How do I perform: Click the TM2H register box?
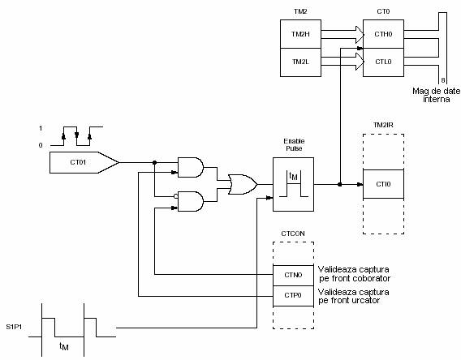coord(300,34)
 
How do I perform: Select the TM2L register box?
coord(300,62)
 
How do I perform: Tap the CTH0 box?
coord(383,34)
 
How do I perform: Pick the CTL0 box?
coord(383,62)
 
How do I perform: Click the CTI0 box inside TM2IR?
coord(383,184)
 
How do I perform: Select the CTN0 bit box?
coord(293,275)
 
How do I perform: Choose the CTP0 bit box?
coord(293,296)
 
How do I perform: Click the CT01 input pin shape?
coord(84,162)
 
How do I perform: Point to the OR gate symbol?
coord(243,184)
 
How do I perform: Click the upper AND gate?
coord(191,167)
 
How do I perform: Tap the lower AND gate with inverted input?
coord(191,201)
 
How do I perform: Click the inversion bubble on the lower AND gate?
coord(176,196)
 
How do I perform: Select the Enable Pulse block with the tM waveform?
coord(293,184)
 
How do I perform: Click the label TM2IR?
coord(383,125)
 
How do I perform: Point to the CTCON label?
coord(293,234)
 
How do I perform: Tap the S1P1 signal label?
coord(14,327)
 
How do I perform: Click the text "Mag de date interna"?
coord(437,95)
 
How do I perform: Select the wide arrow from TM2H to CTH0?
coord(343,34)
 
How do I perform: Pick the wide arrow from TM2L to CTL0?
coord(343,62)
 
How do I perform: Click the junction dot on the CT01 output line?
coord(155,162)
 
